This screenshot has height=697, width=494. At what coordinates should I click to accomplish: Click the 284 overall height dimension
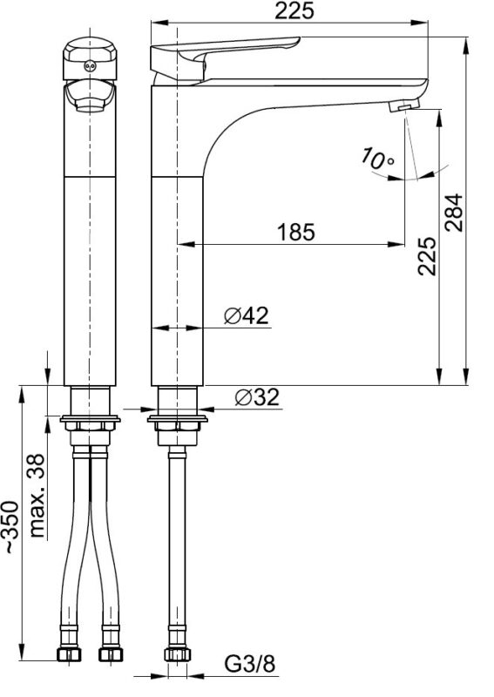tap(455, 213)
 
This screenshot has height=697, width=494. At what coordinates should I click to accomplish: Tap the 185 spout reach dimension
tap(295, 232)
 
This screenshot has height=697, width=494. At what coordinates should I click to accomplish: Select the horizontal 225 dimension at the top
tap(294, 10)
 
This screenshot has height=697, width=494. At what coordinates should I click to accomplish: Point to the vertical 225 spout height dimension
tap(427, 256)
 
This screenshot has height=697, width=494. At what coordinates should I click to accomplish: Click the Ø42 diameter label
tap(247, 315)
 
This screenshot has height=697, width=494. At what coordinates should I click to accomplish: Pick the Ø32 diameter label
tap(257, 397)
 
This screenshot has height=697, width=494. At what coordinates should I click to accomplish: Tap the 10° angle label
tap(377, 159)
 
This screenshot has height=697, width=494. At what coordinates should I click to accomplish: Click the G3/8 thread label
tap(250, 665)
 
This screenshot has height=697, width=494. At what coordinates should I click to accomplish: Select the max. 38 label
tap(37, 496)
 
